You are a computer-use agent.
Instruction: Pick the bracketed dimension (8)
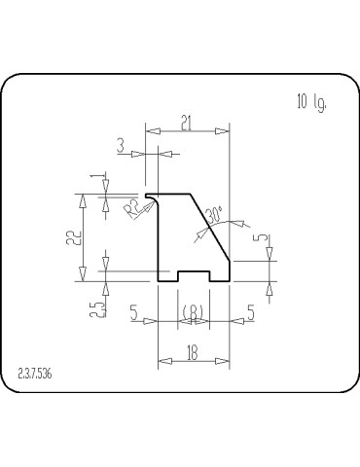tap(194, 311)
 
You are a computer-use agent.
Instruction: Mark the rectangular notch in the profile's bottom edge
tap(194, 276)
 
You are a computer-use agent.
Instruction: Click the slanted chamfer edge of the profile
tap(214, 227)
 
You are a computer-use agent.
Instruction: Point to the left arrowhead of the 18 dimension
tap(162, 362)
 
